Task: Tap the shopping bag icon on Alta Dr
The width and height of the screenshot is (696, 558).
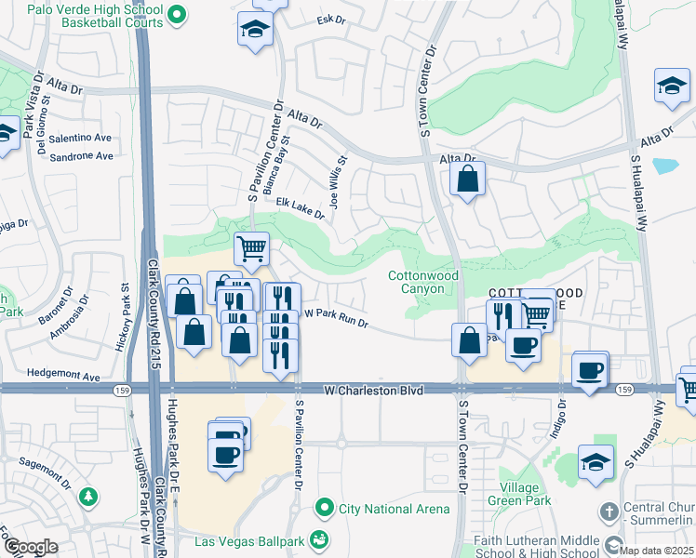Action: tap(467, 179)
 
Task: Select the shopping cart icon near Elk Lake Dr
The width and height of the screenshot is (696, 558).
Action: tap(251, 249)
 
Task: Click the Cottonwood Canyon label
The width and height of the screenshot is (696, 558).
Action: tap(423, 281)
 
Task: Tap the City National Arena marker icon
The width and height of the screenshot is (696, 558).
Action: tap(324, 508)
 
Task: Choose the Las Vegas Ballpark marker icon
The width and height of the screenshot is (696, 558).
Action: tap(319, 539)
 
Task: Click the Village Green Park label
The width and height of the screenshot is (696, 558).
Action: tap(518, 494)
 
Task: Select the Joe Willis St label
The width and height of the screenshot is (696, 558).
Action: tap(336, 172)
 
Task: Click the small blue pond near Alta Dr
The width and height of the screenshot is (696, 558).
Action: tap(665, 166)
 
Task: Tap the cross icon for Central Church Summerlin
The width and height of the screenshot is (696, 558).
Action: tap(609, 511)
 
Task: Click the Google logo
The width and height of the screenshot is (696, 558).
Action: tap(31, 547)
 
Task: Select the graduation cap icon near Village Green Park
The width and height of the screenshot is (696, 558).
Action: tap(596, 460)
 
